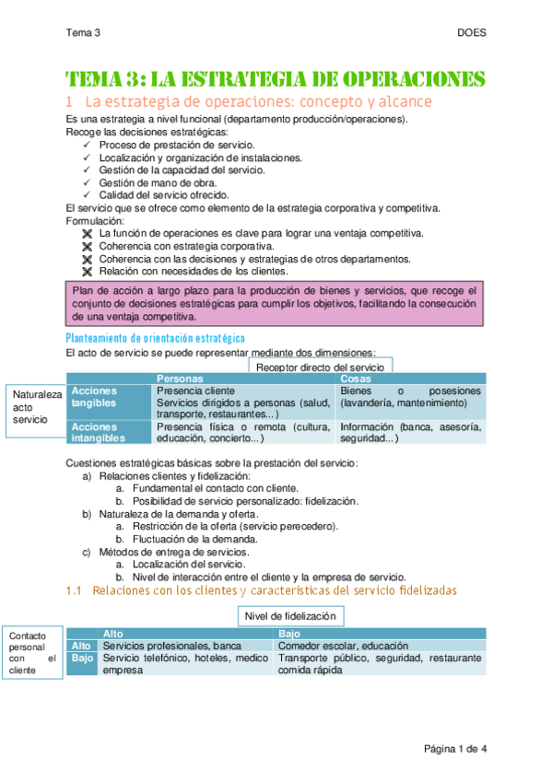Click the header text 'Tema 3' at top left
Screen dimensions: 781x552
83,33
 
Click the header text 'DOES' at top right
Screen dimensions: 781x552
471,33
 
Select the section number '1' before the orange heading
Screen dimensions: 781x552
69,101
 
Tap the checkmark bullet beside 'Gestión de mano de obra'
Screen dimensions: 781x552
88,182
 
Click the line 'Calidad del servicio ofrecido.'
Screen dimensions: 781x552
164,195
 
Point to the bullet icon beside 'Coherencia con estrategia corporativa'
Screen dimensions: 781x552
88,246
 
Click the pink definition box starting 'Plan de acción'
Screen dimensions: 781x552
275,303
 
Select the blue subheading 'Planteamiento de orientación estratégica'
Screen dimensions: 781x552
155,339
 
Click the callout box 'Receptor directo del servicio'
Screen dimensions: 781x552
320,367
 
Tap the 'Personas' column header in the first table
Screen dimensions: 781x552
180,379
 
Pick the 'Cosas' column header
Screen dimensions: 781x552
356,379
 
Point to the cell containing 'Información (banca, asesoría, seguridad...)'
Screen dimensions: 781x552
408,432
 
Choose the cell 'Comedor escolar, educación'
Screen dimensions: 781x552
345,647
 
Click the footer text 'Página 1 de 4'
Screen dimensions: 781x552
454,748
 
